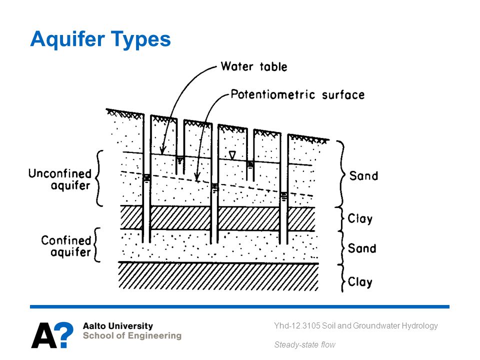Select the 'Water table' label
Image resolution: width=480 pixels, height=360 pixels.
tap(254, 66)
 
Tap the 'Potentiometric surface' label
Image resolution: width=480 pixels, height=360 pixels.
tap(298, 94)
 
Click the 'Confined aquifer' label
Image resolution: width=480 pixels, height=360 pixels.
tap(66, 246)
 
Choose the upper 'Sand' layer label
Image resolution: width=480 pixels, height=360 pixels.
tap(363, 176)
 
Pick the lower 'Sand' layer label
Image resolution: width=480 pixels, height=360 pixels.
tap(362, 248)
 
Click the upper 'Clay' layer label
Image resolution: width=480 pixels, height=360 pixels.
tap(360, 219)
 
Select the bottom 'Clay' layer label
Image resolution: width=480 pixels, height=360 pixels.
tap(360, 282)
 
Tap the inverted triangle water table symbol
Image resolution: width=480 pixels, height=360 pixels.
tap(232, 155)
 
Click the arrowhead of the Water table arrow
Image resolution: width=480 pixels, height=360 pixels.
tap(162, 150)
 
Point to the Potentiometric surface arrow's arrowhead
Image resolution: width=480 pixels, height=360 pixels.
tap(197, 177)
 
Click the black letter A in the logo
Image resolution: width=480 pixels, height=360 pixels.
tap(44, 335)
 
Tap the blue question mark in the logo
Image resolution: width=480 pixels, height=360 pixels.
tap(65, 334)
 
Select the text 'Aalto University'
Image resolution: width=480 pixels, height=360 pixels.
tap(118, 326)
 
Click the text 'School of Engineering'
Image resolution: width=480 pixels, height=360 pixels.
tap(132, 336)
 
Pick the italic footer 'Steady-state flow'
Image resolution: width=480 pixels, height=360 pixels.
tap(304, 345)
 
